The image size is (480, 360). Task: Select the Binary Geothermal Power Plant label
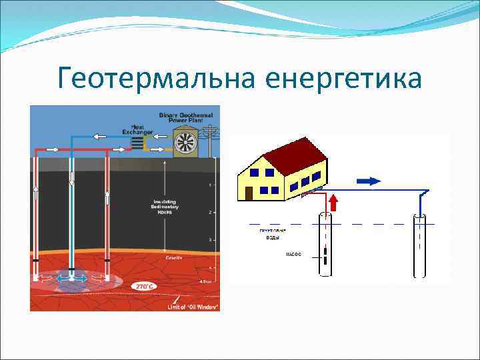pyautogui.click(x=187, y=119)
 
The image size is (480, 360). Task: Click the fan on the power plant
pyautogui.click(x=185, y=142)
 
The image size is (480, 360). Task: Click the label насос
pyautogui.click(x=293, y=254)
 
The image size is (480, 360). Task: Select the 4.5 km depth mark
pyautogui.click(x=209, y=281)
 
